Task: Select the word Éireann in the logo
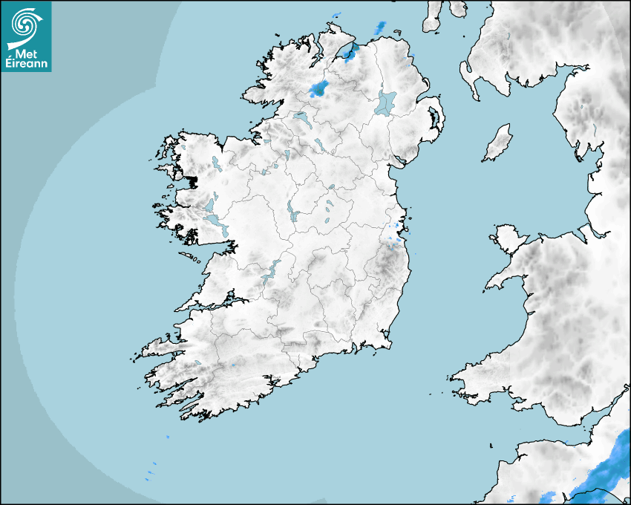27,64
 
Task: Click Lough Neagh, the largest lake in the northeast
386,102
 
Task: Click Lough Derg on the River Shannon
270,271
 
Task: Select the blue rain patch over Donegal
319,90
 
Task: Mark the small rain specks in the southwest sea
153,468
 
